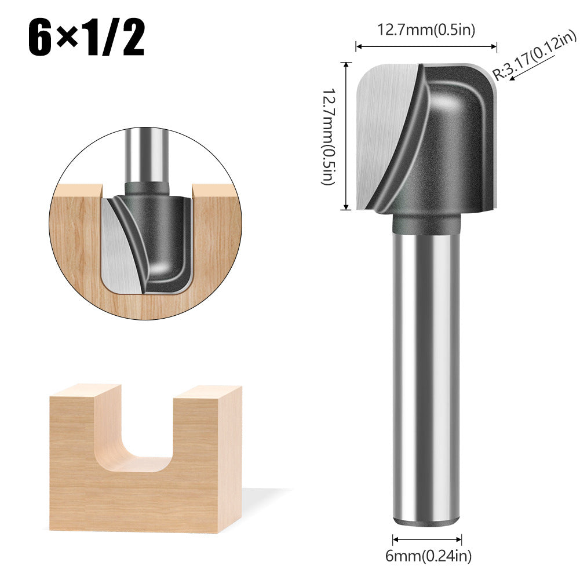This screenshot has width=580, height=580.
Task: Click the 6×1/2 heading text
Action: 87,39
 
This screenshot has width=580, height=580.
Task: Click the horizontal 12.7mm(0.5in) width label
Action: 426,30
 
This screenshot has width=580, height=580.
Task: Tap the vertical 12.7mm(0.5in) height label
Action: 329,137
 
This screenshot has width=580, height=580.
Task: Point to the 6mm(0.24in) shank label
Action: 428,557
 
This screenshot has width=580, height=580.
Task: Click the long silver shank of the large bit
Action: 427,371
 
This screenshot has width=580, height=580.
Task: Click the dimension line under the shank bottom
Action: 427,538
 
